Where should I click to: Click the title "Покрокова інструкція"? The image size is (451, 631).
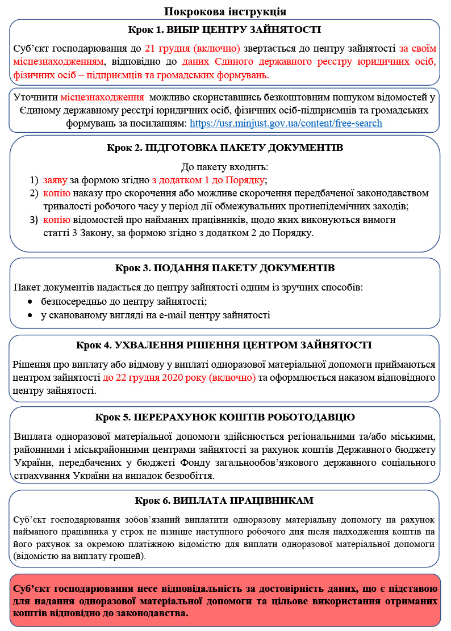[225, 11]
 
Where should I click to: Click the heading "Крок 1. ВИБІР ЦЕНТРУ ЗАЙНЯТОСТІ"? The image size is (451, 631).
[225, 30]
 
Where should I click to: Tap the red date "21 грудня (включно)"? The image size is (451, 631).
[193, 48]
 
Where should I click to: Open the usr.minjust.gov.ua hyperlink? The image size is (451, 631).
[286, 123]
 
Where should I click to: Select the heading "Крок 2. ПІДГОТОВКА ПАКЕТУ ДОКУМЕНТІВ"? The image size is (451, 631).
[225, 149]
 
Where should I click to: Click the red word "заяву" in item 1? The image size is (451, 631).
[56, 180]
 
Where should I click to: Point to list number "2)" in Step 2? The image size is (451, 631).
[34, 193]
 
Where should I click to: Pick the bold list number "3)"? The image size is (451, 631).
[34, 220]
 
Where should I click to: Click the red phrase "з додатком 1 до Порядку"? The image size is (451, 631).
[208, 180]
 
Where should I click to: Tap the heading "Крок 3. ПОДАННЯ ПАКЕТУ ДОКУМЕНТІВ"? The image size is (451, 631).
[225, 267]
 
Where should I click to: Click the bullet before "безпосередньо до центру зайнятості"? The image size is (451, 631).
[31, 301]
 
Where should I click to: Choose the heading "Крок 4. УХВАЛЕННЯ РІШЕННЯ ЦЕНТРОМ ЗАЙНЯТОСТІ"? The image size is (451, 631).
[225, 345]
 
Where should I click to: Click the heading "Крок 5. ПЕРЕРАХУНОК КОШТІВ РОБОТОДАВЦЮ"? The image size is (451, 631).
[225, 418]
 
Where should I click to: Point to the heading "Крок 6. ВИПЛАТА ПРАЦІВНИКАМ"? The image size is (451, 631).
[225, 501]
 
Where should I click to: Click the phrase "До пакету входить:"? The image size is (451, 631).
[225, 167]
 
